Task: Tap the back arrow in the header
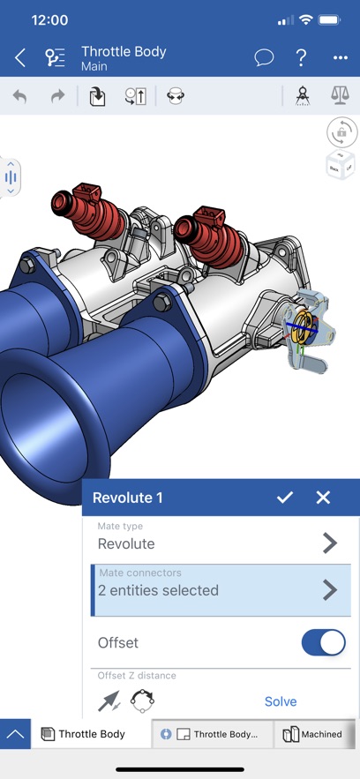pyautogui.click(x=19, y=58)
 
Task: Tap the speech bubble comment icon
pyautogui.click(x=264, y=58)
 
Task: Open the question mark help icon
pyautogui.click(x=302, y=58)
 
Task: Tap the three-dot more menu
pyautogui.click(x=341, y=58)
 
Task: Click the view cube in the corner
pyautogui.click(x=341, y=163)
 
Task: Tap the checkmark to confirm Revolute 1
pyautogui.click(x=284, y=498)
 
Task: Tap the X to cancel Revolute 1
pyautogui.click(x=323, y=498)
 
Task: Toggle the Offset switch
pyautogui.click(x=323, y=642)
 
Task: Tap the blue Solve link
pyautogui.click(x=281, y=701)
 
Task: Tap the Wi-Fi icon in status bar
pyautogui.click(x=306, y=19)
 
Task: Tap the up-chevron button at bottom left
pyautogui.click(x=15, y=734)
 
